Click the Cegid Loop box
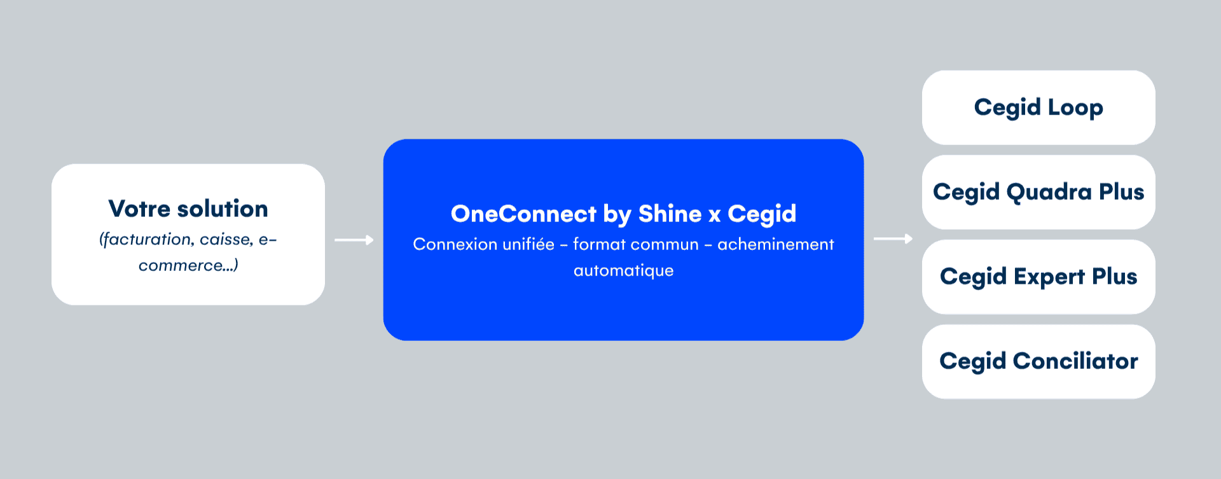pos(1038,108)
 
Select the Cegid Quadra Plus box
pos(1038,192)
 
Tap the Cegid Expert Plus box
pos(1038,277)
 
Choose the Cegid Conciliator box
pos(1038,361)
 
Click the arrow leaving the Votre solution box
pos(354,240)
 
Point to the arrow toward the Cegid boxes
pos(893,239)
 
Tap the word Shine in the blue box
pos(670,214)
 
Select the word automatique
pos(623,271)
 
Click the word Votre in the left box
pos(139,209)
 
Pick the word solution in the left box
pos(223,209)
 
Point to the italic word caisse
pos(226,239)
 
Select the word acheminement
pos(776,244)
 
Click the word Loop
pos(1075,108)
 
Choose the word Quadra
pos(1049,192)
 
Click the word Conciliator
pos(1075,361)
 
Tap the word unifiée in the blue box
pos(529,244)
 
